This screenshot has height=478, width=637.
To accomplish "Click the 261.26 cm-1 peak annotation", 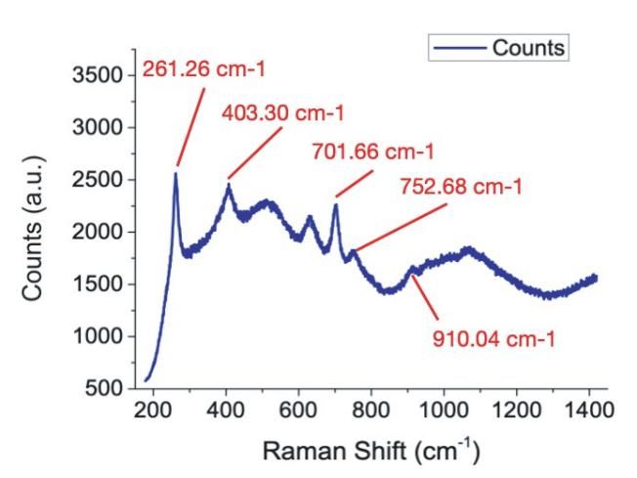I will [203, 69].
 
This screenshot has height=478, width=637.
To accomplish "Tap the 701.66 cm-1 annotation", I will [372, 152].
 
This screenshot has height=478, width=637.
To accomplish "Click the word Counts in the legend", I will [530, 48].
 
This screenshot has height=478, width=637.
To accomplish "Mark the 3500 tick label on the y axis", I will [97, 75].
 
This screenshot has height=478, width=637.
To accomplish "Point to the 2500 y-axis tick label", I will [97, 180].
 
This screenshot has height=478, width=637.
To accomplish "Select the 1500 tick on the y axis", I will [97, 284].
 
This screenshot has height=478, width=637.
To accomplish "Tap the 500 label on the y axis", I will [103, 389].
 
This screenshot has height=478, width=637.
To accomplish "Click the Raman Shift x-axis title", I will [372, 452].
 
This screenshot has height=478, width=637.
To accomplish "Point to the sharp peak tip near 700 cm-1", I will [335, 204].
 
